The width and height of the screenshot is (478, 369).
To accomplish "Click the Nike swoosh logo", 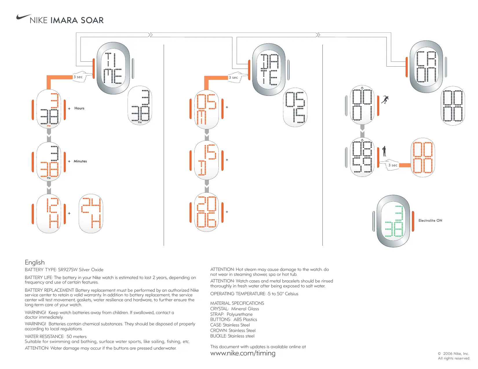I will tap(23, 17).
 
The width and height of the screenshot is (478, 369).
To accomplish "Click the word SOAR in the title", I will tap(92, 20).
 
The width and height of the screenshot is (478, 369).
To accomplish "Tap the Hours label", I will tap(79, 108).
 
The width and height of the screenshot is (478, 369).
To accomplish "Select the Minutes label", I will tap(80, 161).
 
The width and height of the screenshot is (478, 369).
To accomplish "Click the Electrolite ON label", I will tap(430, 221).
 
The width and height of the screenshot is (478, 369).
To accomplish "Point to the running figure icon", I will tap(385, 100).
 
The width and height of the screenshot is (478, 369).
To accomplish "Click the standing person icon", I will tap(384, 151).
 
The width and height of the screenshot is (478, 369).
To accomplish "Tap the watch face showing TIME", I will tap(113, 68).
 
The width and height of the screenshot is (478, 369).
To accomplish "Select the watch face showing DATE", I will tap(269, 70).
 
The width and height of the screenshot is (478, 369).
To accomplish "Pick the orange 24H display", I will tap(91, 213).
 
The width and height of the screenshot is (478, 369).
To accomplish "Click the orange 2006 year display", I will tap(207, 212).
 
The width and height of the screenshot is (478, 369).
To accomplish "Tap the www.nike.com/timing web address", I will tap(243, 353).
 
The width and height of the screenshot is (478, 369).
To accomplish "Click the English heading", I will tap(35, 262).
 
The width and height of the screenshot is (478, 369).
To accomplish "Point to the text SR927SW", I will tap(68, 270).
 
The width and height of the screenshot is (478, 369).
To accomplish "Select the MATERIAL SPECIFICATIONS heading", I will tap(237, 303).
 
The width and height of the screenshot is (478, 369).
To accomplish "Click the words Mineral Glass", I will tap(245, 309).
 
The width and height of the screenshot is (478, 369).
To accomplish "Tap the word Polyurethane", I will tap(240, 314).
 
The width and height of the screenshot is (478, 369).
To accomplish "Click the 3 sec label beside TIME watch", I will tap(78, 77).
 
